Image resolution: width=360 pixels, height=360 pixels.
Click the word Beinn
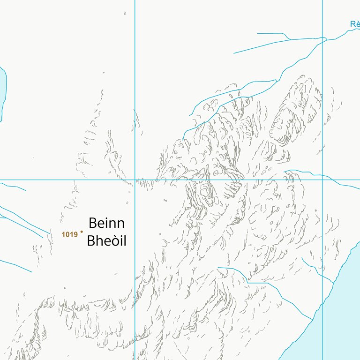106,223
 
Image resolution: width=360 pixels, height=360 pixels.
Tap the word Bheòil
106,241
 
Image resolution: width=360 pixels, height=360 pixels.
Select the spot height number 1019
69,234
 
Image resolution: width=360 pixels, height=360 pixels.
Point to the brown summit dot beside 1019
82,231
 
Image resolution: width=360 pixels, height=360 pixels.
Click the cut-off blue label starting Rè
355,24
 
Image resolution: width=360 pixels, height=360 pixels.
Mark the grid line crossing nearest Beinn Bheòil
135,180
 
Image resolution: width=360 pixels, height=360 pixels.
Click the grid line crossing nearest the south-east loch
322,180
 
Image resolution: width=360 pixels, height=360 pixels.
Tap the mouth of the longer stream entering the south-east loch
313,320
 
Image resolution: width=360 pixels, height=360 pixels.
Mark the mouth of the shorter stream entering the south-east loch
333,283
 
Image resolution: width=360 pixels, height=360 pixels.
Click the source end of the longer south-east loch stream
217,268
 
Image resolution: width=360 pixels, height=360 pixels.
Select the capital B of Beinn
93,223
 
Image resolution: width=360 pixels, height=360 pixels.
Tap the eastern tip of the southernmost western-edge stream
32,272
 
